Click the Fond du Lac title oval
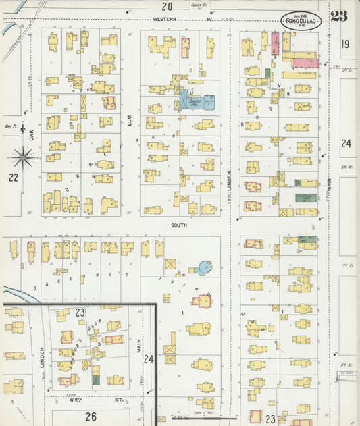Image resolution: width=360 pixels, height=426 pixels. [301, 20]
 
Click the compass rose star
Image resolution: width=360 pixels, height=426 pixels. [23, 158]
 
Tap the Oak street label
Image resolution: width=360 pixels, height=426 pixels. [32, 134]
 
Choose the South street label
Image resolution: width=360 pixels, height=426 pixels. [179, 225]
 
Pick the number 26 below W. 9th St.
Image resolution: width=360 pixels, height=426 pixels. [91, 416]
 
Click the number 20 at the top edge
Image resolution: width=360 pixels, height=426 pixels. [166, 7]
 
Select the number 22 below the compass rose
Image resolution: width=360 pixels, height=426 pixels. [13, 178]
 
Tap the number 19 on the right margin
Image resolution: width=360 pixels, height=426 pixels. [346, 45]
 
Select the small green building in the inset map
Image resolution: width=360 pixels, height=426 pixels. [96, 380]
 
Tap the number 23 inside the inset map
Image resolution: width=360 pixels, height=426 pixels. [80, 313]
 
